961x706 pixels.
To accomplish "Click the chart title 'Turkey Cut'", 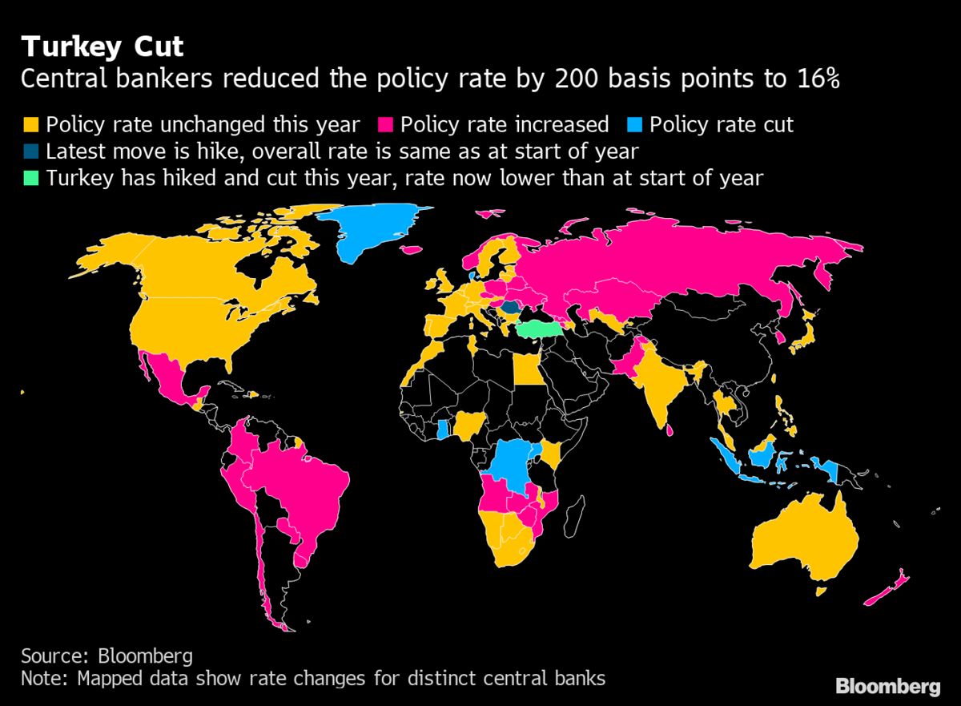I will pos(103,47).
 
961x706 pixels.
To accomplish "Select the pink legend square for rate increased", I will pos(384,125).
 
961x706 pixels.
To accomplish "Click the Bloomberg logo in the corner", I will pos(887,686).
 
